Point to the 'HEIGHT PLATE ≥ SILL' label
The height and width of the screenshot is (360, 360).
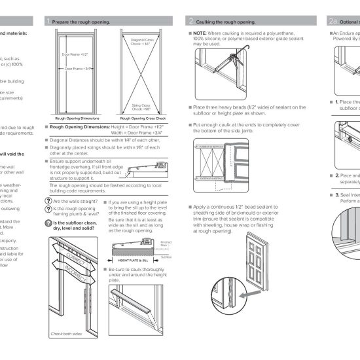tap(130, 260)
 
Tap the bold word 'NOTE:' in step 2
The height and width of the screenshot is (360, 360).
tap(200, 32)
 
